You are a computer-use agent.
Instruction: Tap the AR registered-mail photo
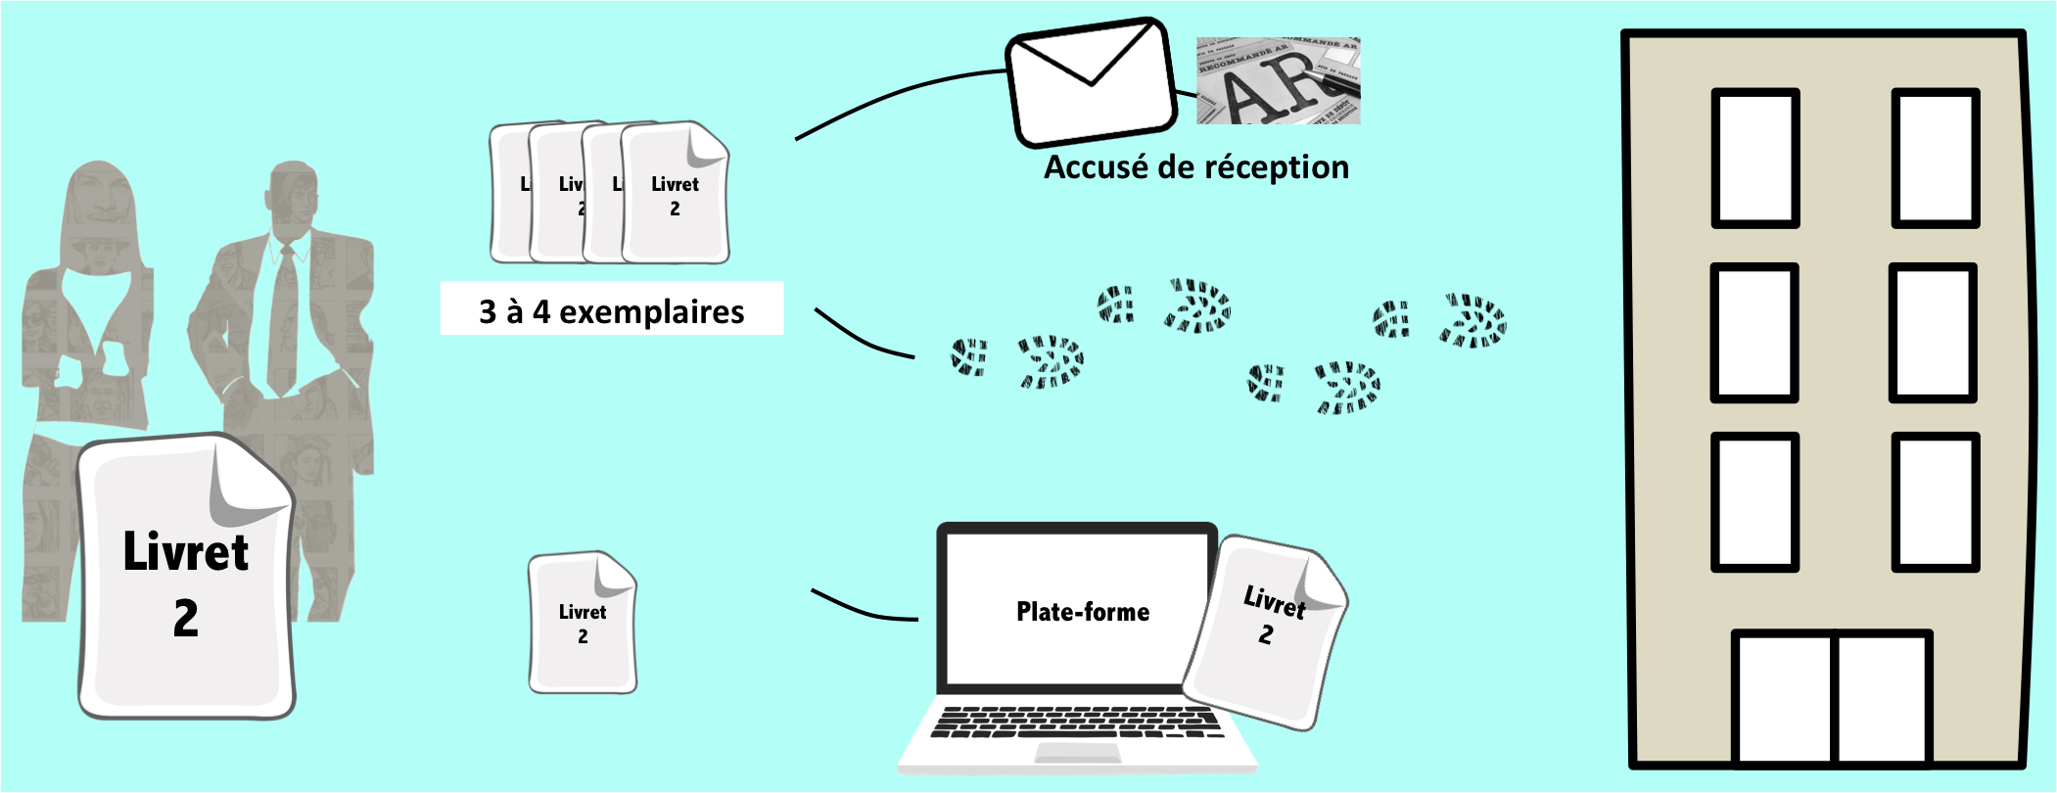coord(1278,81)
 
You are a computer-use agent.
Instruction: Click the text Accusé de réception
coord(1195,167)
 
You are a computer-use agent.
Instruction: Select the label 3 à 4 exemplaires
coord(611,310)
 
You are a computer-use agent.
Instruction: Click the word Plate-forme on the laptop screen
coord(1083,612)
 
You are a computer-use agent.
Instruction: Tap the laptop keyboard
coord(1076,723)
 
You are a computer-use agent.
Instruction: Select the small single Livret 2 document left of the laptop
coord(583,624)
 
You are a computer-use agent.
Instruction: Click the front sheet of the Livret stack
coord(675,196)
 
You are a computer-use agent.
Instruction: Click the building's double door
coord(1832,697)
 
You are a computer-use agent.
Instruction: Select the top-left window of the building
coord(1755,158)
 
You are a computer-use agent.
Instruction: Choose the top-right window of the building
coord(1935,158)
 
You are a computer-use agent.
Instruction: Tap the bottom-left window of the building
coord(1754,501)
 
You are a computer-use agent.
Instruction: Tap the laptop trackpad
coord(1077,753)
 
